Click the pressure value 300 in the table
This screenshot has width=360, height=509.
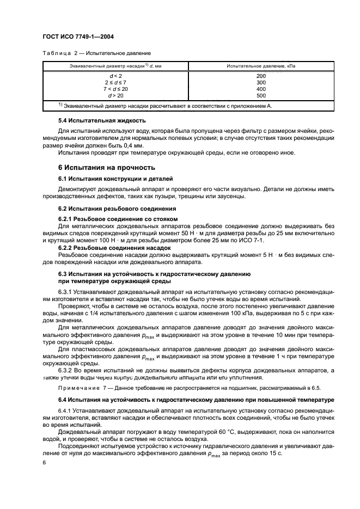tap(261, 82)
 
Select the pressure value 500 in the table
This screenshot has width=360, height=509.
tap(261, 95)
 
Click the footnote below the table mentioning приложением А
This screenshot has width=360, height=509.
tap(173, 106)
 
